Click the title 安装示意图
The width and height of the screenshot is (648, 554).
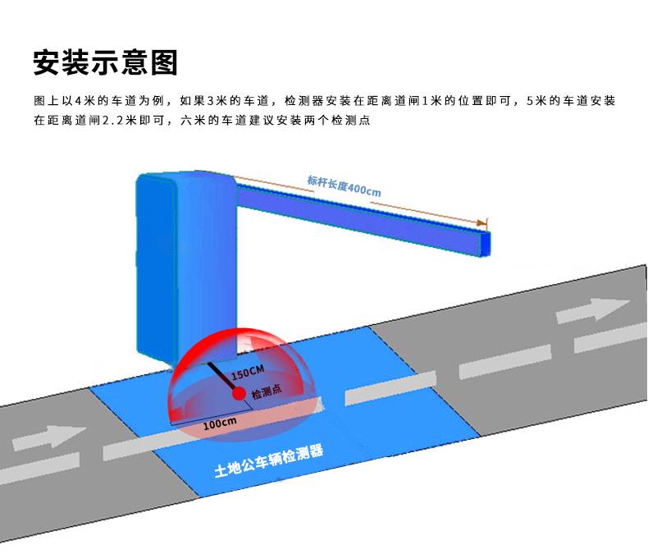tap(106, 61)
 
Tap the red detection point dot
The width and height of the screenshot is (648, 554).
tap(239, 393)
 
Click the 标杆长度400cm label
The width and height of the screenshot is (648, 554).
tap(345, 185)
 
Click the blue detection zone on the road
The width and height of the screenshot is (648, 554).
tap(386, 427)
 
